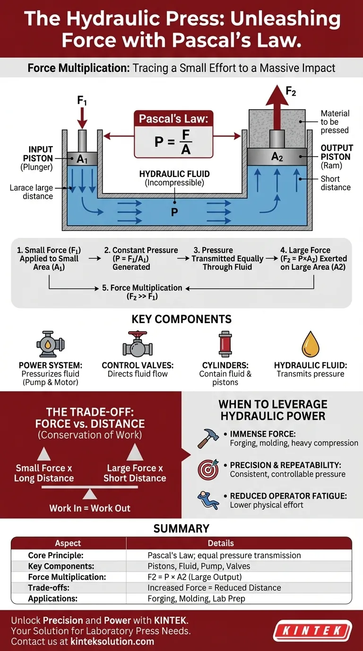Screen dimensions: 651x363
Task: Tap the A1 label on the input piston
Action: pyautogui.click(x=82, y=159)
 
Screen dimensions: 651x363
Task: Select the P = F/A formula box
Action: pyautogui.click(x=173, y=136)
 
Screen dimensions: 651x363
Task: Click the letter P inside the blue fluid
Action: pyautogui.click(x=174, y=212)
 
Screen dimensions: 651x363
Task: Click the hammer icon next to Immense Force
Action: pyautogui.click(x=207, y=438)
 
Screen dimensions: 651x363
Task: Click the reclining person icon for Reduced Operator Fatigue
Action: pyautogui.click(x=208, y=500)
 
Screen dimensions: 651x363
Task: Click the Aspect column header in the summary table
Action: pyautogui.click(x=68, y=543)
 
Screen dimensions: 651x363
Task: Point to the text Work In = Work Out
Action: pyautogui.click(x=90, y=509)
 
